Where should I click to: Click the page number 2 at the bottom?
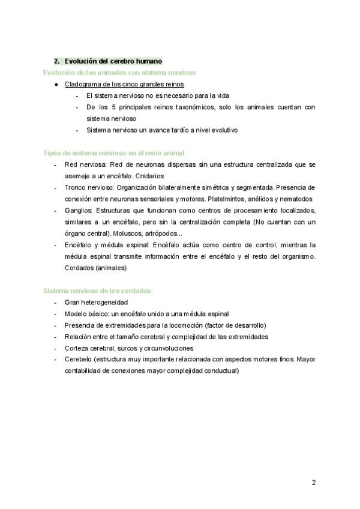(313, 482)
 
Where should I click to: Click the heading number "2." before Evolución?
(57, 61)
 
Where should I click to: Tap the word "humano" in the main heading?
(146, 61)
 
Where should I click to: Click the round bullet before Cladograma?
(56, 84)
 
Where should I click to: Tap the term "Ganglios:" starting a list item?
(78, 210)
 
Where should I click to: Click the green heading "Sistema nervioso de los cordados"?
(97, 291)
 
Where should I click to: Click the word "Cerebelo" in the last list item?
(78, 359)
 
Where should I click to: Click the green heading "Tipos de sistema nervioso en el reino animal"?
(114, 153)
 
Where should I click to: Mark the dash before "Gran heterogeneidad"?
(56, 302)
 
